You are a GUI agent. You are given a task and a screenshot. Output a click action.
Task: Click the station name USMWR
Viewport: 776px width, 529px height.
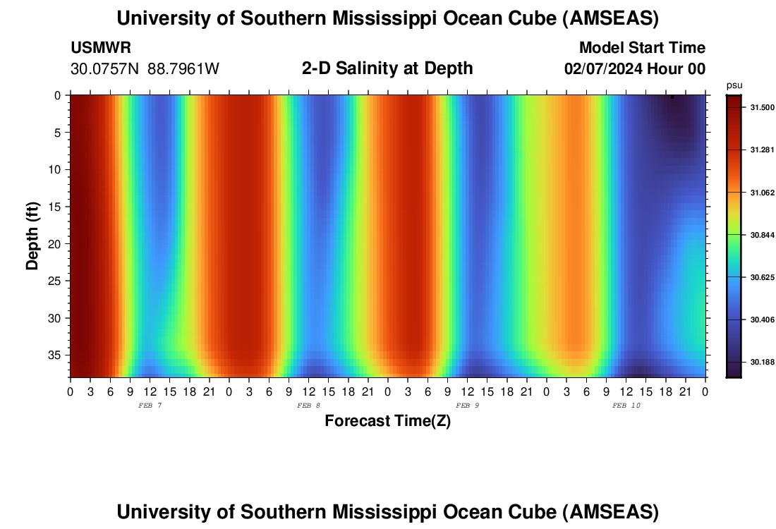(x=101, y=48)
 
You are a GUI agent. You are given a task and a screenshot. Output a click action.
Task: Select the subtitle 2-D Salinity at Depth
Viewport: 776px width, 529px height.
(x=387, y=68)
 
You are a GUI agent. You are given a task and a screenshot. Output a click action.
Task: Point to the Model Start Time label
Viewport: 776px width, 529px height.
(x=641, y=48)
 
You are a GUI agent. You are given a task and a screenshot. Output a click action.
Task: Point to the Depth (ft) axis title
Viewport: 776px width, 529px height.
(x=32, y=236)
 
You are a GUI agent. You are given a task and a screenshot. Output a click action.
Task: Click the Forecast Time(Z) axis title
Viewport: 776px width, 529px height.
(x=387, y=421)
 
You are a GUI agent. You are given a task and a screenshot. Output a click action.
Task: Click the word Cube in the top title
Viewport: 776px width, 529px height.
(x=530, y=19)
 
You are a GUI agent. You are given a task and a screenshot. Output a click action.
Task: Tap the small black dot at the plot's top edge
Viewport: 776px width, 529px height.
(x=672, y=97)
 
